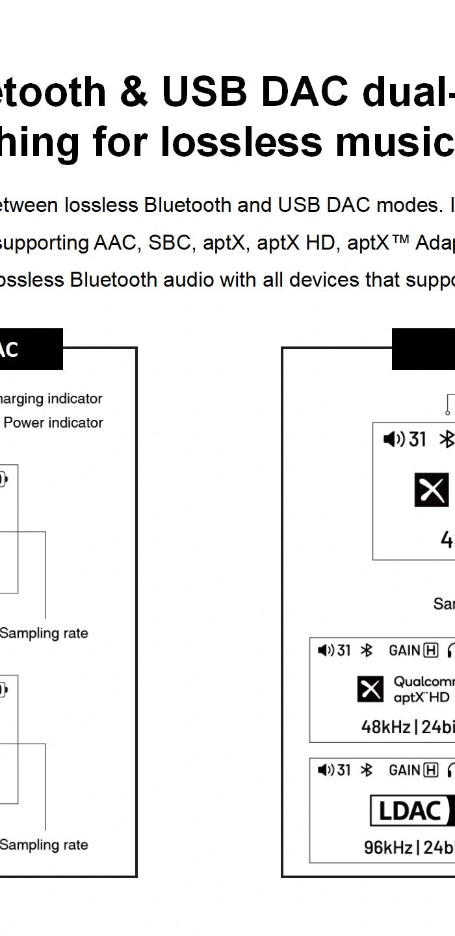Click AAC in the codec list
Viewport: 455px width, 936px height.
pyautogui.click(x=117, y=243)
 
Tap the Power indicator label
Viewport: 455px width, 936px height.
pyautogui.click(x=53, y=422)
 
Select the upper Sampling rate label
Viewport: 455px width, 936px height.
pyautogui.click(x=44, y=633)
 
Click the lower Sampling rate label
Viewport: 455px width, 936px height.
pyautogui.click(x=44, y=845)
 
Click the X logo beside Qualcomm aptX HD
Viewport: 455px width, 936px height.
pyautogui.click(x=370, y=690)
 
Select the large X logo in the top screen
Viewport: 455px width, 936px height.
pyautogui.click(x=431, y=490)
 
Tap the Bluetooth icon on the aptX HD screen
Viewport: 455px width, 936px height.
pyautogui.click(x=367, y=651)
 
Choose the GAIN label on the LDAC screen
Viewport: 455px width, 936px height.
pyautogui.click(x=404, y=770)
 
